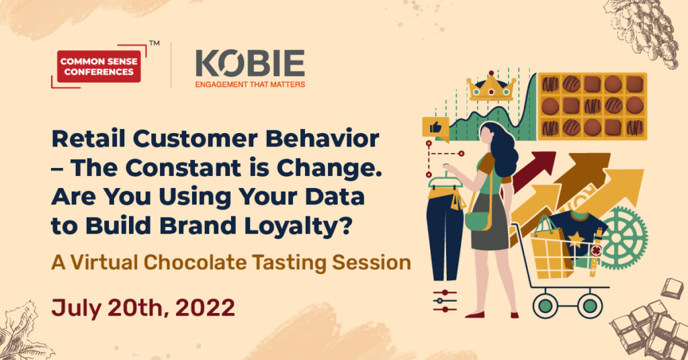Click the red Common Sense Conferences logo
click(99, 66)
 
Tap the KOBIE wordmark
click(250, 63)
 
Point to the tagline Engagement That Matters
click(250, 84)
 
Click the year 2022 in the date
click(205, 308)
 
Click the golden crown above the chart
click(491, 87)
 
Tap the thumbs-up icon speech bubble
click(435, 129)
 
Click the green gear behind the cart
click(623, 237)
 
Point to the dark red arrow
click(533, 169)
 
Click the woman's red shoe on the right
click(514, 315)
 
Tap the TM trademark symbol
click(154, 44)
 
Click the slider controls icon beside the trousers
click(444, 301)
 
